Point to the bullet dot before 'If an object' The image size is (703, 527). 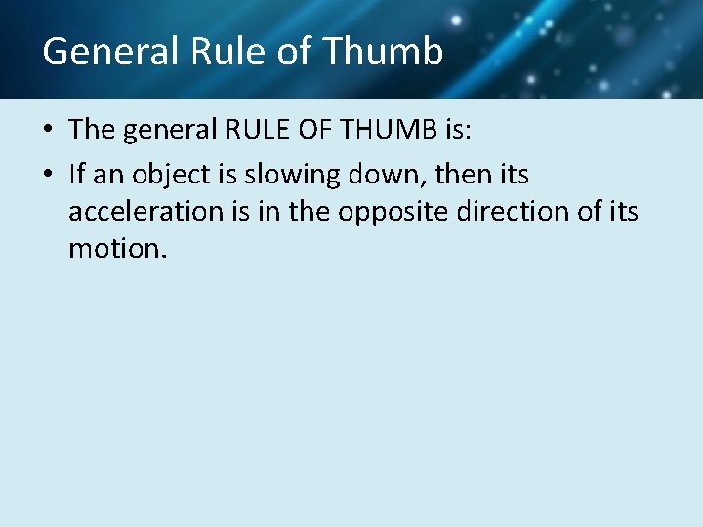(50, 176)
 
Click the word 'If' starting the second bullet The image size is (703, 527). (77, 176)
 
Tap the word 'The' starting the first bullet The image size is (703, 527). (92, 131)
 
